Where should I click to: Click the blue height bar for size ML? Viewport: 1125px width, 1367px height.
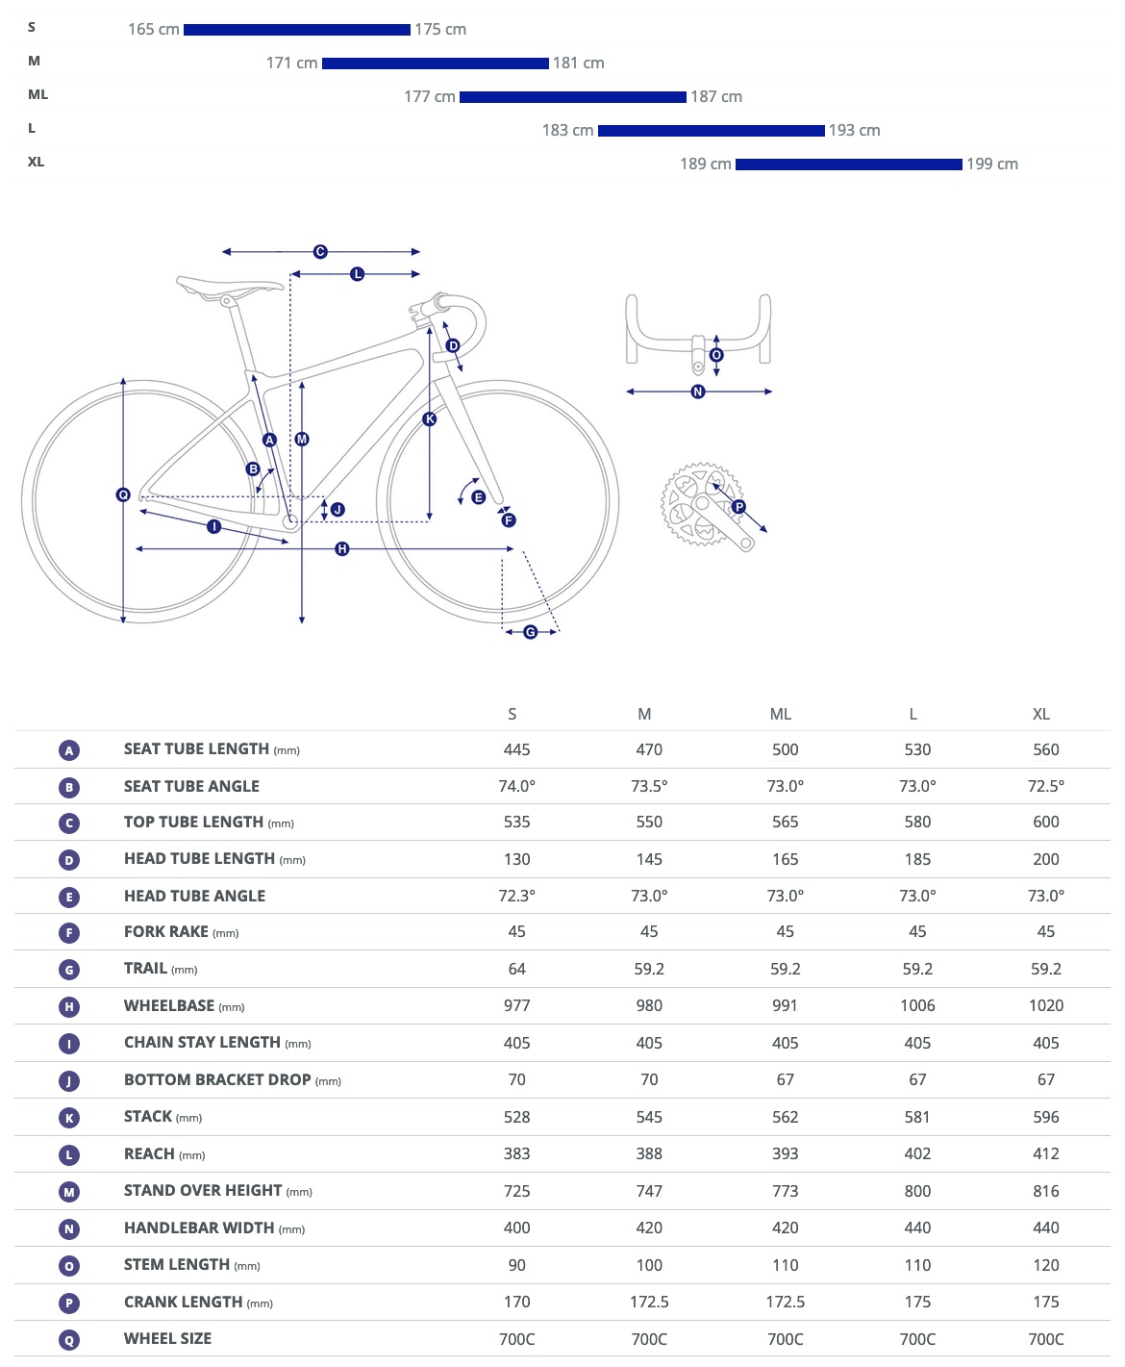(572, 97)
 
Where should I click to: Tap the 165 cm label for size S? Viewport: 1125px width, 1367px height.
(154, 30)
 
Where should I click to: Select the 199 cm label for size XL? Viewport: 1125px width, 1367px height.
(992, 165)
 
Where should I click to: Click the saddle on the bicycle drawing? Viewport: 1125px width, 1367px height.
(229, 285)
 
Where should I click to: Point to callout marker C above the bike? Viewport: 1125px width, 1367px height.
(320, 252)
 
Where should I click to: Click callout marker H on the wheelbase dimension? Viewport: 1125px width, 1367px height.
(342, 549)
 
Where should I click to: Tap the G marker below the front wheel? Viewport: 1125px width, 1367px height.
(530, 632)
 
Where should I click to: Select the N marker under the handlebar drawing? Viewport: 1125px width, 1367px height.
(698, 392)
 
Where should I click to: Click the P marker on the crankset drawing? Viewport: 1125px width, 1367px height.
(738, 507)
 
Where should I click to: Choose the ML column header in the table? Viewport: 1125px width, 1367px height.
(781, 714)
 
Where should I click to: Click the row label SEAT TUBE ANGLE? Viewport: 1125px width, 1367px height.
(191, 786)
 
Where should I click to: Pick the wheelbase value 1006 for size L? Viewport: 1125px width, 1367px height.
(917, 1005)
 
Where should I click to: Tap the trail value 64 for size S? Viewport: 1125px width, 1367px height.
(516, 969)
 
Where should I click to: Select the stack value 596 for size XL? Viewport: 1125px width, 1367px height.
(1045, 1117)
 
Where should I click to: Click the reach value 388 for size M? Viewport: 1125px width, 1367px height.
(649, 1153)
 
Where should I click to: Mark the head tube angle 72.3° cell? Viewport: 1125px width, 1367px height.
(516, 896)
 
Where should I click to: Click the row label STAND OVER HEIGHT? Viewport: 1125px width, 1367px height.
(203, 1191)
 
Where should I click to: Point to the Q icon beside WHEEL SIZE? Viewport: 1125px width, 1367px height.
(69, 1340)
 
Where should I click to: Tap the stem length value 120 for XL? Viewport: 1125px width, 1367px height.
(1045, 1265)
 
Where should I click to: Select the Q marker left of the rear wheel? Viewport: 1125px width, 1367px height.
(123, 494)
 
